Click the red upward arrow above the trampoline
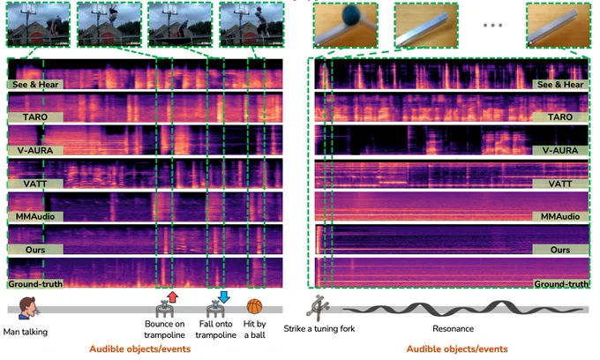click(173, 296)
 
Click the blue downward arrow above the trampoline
click(224, 296)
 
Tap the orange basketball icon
click(254, 306)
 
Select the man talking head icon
click(28, 308)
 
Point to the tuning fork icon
click(319, 306)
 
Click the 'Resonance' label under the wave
click(453, 328)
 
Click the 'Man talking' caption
click(26, 332)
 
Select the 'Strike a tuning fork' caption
click(319, 328)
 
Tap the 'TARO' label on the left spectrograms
click(35, 117)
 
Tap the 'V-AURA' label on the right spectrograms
click(560, 150)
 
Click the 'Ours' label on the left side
click(35, 250)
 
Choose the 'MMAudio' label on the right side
click(560, 216)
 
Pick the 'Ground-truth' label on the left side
click(35, 284)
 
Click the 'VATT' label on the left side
click(35, 184)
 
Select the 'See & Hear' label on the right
click(560, 85)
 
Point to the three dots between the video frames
click(492, 26)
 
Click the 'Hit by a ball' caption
click(254, 329)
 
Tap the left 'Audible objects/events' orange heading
click(140, 349)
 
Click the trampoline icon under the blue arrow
click(216, 309)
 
